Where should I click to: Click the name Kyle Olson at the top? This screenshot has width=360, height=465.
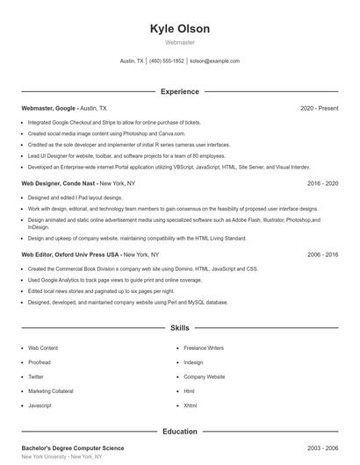click(x=179, y=28)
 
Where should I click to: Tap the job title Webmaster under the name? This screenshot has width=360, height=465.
click(x=179, y=42)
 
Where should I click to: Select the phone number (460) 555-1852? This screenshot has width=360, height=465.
click(x=167, y=61)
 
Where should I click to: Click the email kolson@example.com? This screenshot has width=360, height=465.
click(x=214, y=61)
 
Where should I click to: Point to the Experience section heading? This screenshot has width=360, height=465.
click(x=179, y=91)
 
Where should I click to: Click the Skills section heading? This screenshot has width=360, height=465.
click(x=179, y=328)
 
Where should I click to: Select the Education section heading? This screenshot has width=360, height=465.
click(x=179, y=432)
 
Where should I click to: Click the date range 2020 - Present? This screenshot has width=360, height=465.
click(x=319, y=109)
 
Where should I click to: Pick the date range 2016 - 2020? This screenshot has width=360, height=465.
click(x=322, y=184)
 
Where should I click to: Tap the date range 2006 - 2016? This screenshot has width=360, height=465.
click(x=322, y=254)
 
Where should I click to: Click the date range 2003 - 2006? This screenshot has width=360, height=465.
click(x=322, y=448)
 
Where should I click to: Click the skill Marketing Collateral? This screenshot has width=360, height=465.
click(x=51, y=391)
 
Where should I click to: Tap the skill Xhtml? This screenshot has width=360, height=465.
click(x=191, y=406)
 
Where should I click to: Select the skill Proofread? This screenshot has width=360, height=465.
click(x=40, y=362)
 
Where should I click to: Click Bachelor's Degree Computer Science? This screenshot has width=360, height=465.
click(x=73, y=448)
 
